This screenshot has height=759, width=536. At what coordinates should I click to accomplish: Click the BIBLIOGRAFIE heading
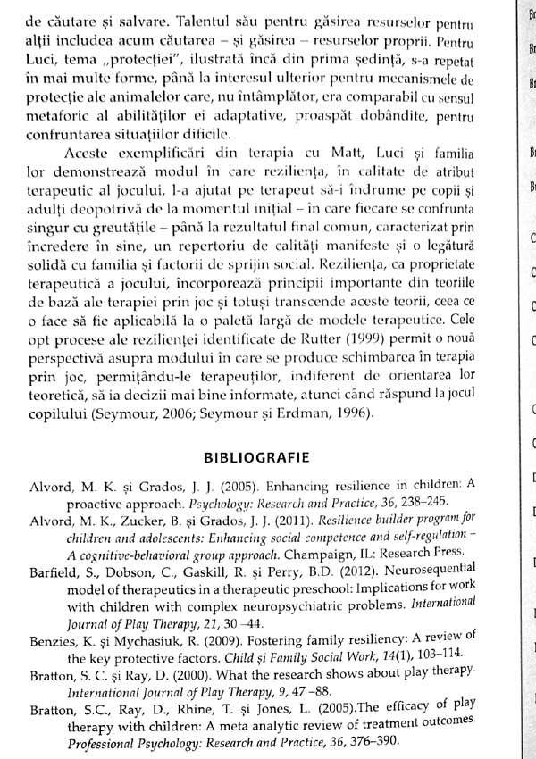pos(256,458)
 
